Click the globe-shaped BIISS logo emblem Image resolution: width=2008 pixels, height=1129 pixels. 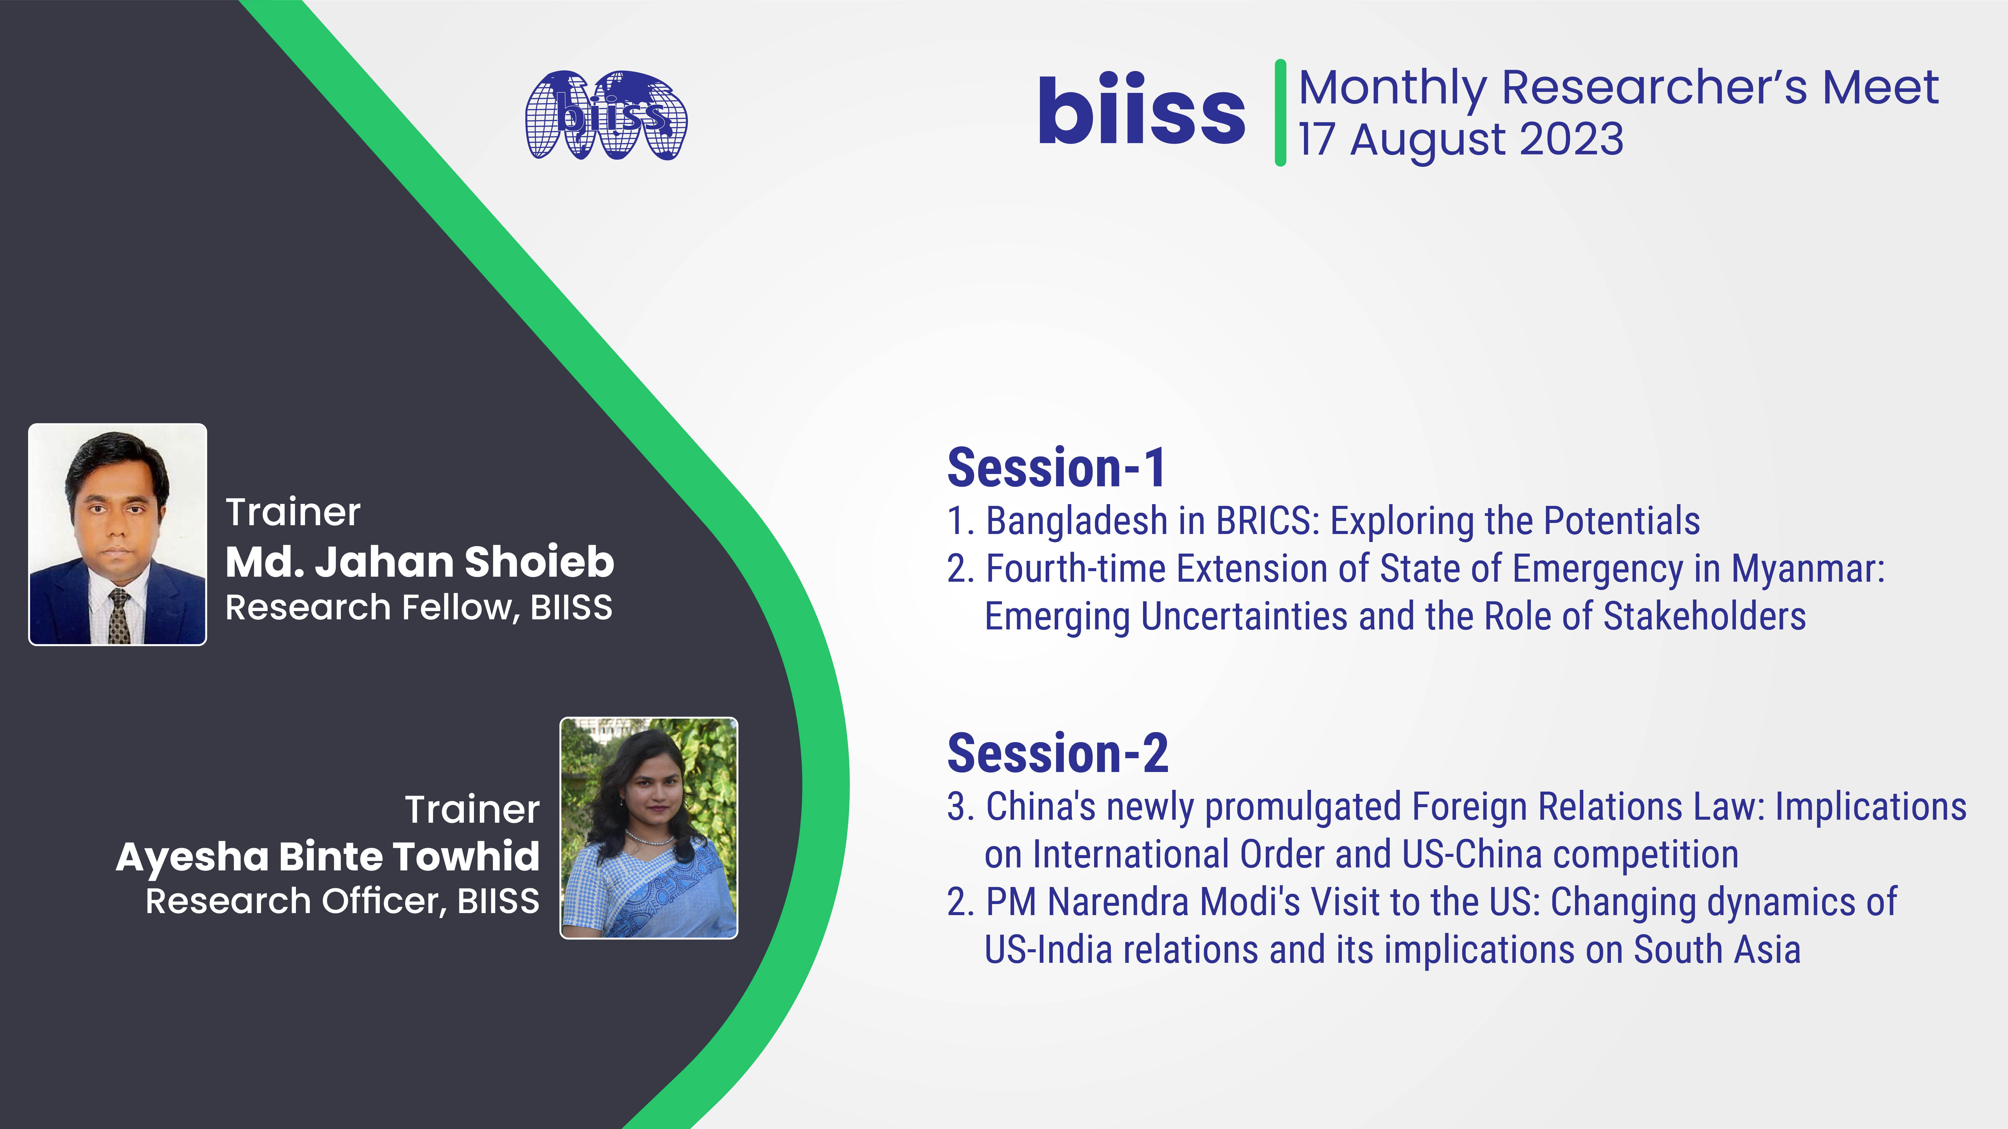point(606,115)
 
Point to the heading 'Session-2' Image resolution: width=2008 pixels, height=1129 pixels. point(1058,753)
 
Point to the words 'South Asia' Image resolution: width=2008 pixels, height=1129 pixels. point(1717,950)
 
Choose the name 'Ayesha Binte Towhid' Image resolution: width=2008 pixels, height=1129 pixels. point(327,857)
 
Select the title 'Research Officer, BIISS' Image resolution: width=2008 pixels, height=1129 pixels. point(342,901)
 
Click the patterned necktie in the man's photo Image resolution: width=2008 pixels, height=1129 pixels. point(119,616)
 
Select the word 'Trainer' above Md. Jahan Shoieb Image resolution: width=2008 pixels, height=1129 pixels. point(293,512)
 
